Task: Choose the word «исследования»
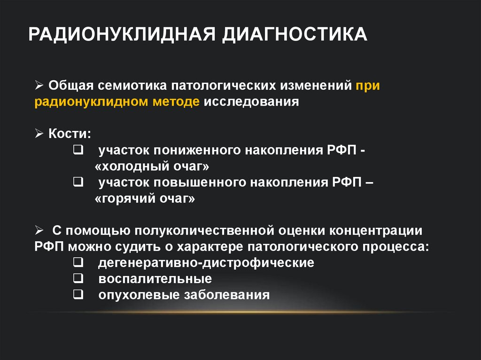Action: [x=251, y=102]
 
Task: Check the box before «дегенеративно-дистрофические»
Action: [x=78, y=262]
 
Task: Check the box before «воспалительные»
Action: [x=78, y=278]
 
